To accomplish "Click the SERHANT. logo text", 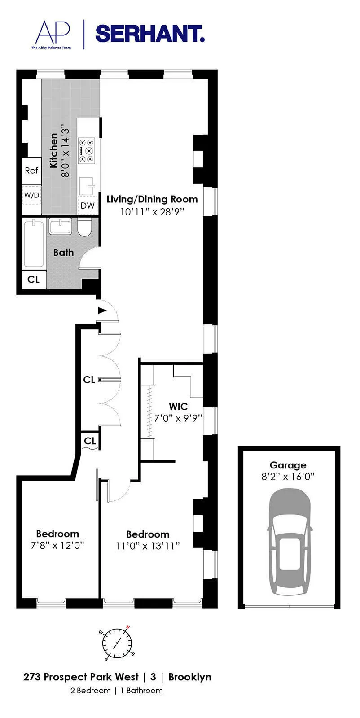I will pyautogui.click(x=150, y=34).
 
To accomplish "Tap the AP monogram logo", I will pyautogui.click(x=53, y=32).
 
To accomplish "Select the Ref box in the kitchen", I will pyautogui.click(x=31, y=171).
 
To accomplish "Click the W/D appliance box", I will pyautogui.click(x=31, y=195).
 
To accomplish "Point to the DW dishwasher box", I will pyautogui.click(x=88, y=206).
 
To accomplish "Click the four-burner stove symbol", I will pyautogui.click(x=86, y=150).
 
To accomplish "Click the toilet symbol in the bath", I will pyautogui.click(x=84, y=228).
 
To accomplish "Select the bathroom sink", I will pyautogui.click(x=60, y=226).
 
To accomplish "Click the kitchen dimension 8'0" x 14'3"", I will pyautogui.click(x=66, y=151).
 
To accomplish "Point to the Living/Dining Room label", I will pyautogui.click(x=152, y=199).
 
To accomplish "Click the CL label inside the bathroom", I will pyautogui.click(x=34, y=280).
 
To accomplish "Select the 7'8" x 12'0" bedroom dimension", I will pyautogui.click(x=57, y=545).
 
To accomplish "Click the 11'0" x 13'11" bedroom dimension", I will pyautogui.click(x=147, y=546).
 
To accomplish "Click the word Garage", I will pyautogui.click(x=288, y=465).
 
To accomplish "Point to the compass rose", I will pyautogui.click(x=117, y=644).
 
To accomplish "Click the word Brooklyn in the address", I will pyautogui.click(x=189, y=677).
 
